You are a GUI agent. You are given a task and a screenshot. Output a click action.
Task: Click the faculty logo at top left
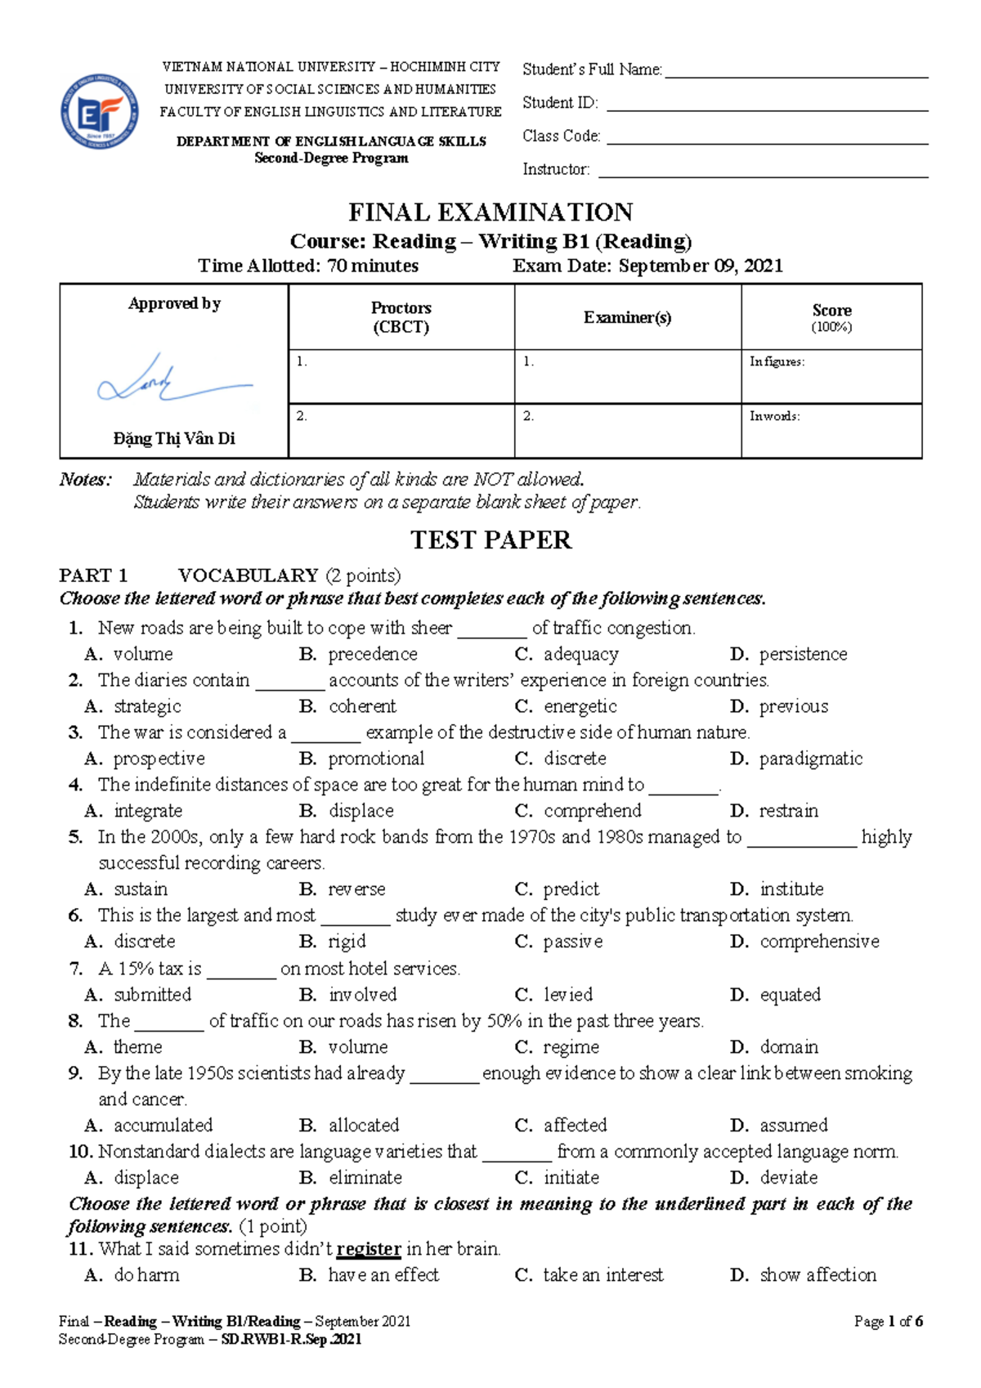pos(99,111)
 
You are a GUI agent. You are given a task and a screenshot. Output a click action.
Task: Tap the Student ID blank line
pos(767,105)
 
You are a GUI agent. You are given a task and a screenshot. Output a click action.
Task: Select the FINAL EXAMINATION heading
pos(490,213)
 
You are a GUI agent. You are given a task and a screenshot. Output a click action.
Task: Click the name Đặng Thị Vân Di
pos(174,439)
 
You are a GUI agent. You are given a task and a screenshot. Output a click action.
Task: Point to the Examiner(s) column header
pos(627,317)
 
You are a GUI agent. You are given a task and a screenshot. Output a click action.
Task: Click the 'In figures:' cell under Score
pos(831,376)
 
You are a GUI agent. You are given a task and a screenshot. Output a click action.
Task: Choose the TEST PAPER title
pos(490,540)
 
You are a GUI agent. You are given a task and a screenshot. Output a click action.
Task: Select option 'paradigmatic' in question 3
pos(810,759)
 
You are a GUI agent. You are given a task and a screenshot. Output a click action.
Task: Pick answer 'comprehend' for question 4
pos(592,811)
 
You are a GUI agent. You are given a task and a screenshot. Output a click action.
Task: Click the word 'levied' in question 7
pos(568,995)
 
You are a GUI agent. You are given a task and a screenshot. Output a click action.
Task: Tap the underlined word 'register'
pos(369,1249)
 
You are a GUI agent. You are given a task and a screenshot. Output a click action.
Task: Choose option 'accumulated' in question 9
pos(163,1126)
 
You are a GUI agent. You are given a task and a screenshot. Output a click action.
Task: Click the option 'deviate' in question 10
pos(788,1178)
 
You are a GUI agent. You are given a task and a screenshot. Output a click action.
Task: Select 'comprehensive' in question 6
pos(819,942)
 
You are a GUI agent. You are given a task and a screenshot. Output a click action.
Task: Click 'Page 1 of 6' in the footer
pos(888,1321)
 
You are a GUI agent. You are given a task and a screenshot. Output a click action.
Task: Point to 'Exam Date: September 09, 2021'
pos(647,266)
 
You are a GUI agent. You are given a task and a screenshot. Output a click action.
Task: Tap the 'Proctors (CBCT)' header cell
pos(401,317)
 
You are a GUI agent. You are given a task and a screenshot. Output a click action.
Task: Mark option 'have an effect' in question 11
pos(383,1275)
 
